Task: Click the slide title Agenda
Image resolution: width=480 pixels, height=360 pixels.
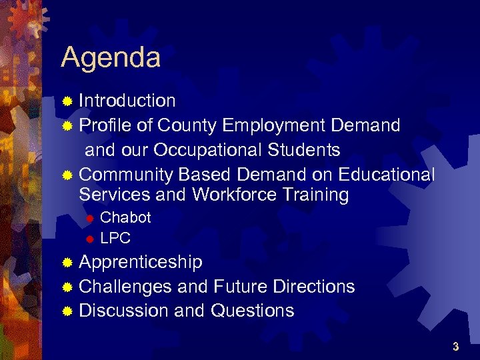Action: click(111, 58)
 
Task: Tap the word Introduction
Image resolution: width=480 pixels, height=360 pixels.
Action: click(127, 101)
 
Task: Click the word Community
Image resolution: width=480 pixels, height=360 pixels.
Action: click(126, 175)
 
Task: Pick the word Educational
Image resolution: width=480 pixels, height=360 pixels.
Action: click(387, 175)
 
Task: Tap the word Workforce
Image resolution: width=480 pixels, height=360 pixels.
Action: click(233, 195)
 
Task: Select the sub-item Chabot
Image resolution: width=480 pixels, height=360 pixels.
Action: click(125, 217)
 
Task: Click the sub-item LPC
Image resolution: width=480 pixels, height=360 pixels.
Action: click(115, 238)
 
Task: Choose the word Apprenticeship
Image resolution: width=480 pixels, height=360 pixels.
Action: click(141, 262)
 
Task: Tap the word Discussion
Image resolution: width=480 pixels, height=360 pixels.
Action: click(123, 311)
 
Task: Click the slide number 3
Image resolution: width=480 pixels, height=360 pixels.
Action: click(455, 347)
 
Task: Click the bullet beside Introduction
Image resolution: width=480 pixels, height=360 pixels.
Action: click(67, 101)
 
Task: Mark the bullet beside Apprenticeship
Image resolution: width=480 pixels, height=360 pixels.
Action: click(67, 263)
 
